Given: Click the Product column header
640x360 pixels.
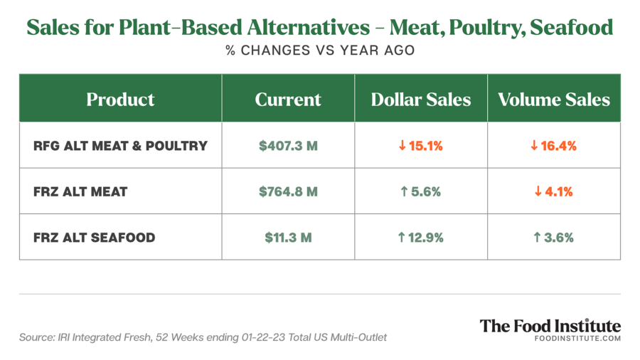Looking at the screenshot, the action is [x=120, y=99].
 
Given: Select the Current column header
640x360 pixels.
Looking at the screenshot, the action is [x=288, y=99].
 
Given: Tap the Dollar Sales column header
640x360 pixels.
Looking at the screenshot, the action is [x=421, y=99].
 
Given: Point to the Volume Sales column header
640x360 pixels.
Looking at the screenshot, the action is [x=554, y=99].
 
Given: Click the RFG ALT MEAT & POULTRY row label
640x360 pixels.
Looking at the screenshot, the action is [x=120, y=146].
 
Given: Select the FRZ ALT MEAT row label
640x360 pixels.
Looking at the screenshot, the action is [x=80, y=192].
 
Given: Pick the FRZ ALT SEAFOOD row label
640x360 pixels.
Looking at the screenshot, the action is [x=95, y=238].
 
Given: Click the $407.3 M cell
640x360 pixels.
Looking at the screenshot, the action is [x=288, y=146].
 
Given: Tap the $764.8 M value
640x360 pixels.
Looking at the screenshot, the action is [x=288, y=192].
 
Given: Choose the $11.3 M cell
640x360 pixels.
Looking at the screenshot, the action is [x=288, y=238].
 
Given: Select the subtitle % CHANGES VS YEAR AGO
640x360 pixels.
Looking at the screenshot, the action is [x=320, y=51].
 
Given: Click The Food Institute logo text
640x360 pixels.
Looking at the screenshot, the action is [x=550, y=326].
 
